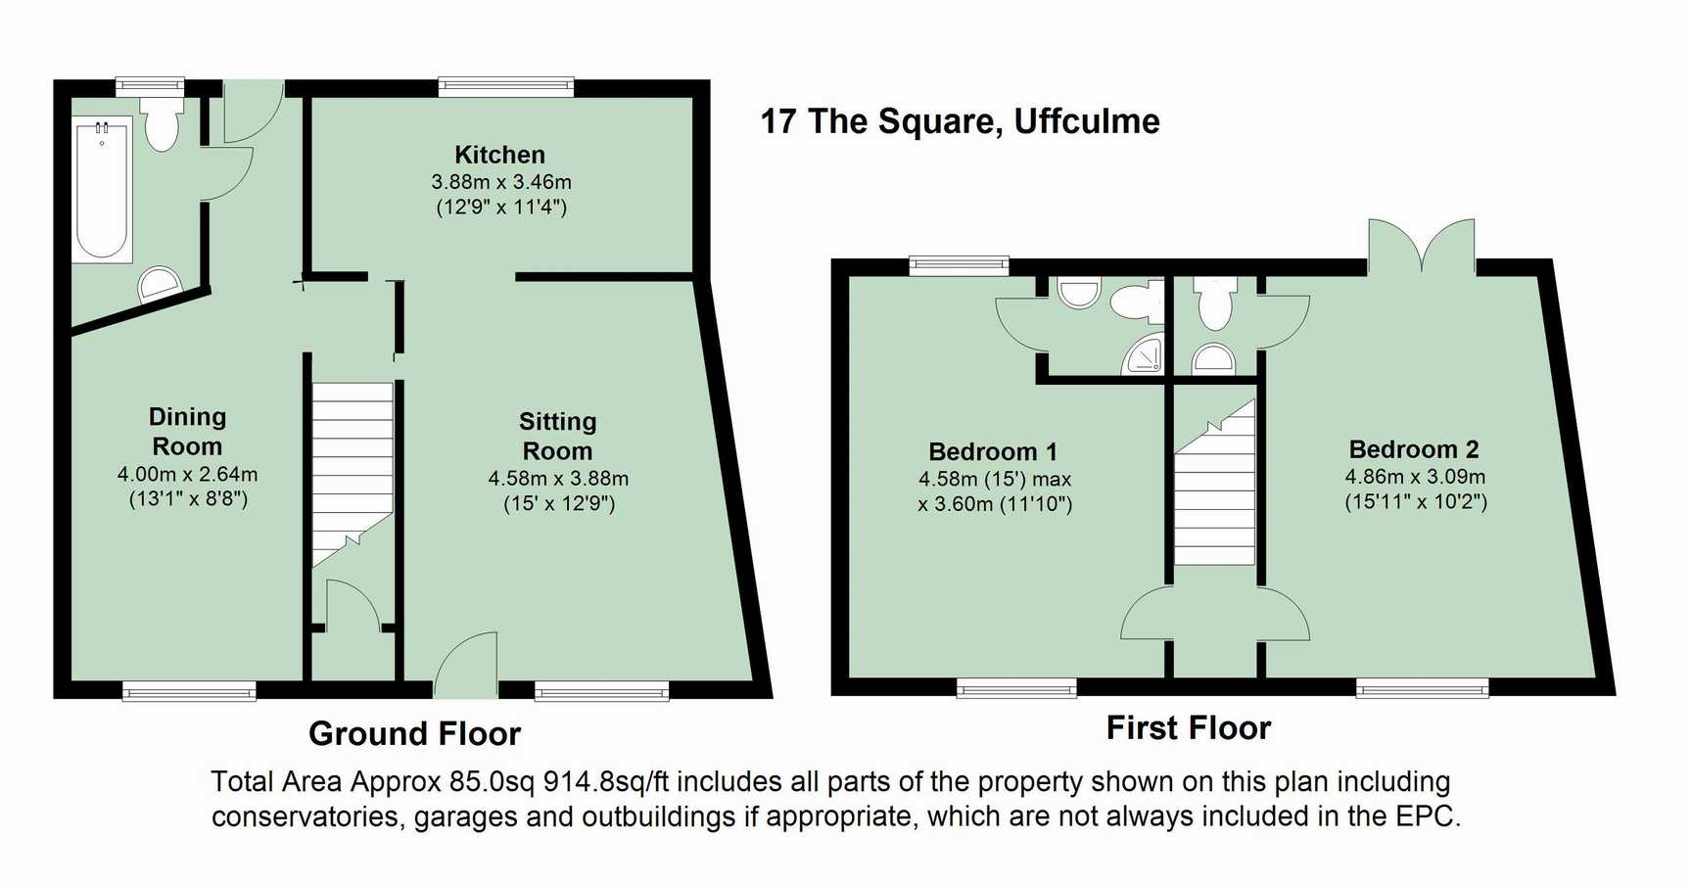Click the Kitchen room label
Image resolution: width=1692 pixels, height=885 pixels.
click(x=499, y=155)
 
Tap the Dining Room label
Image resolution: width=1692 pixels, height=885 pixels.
click(x=187, y=432)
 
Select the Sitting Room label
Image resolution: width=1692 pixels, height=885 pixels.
click(x=557, y=437)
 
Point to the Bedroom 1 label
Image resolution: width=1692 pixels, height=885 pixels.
click(x=993, y=451)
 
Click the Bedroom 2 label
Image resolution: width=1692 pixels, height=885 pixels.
click(x=1414, y=449)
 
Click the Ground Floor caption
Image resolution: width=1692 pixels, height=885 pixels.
click(x=414, y=733)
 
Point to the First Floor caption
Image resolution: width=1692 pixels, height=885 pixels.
click(x=1189, y=727)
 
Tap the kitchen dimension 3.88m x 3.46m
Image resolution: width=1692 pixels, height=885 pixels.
click(x=501, y=182)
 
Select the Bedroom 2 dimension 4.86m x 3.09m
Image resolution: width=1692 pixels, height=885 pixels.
click(x=1415, y=477)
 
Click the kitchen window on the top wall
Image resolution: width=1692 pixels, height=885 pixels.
click(x=506, y=87)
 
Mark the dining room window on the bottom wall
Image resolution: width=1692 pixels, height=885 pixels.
click(x=189, y=691)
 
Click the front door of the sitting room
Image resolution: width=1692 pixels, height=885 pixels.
click(x=466, y=666)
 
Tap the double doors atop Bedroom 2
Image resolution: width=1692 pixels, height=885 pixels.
click(x=1422, y=246)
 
